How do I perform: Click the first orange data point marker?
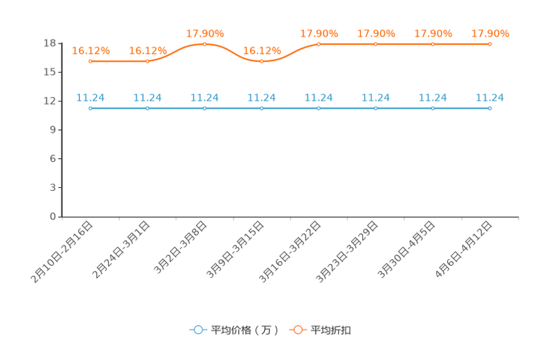[90, 61]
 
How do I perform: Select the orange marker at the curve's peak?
[205, 44]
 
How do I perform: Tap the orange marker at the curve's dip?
[262, 61]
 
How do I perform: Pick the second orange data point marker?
[147, 61]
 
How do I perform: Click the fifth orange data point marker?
[319, 44]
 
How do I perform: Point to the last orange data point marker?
[490, 44]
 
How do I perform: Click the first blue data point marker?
[90, 108]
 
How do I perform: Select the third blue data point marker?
[205, 108]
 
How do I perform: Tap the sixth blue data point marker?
[376, 108]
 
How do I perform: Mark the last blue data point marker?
[490, 108]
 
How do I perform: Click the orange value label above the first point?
[91, 50]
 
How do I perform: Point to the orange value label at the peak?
[205, 33]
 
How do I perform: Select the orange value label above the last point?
[491, 33]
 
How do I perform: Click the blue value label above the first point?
[91, 97]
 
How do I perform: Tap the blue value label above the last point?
[490, 97]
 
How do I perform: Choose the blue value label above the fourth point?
[262, 97]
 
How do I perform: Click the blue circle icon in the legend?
[197, 330]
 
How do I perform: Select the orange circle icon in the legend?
[298, 330]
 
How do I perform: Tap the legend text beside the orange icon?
[331, 330]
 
